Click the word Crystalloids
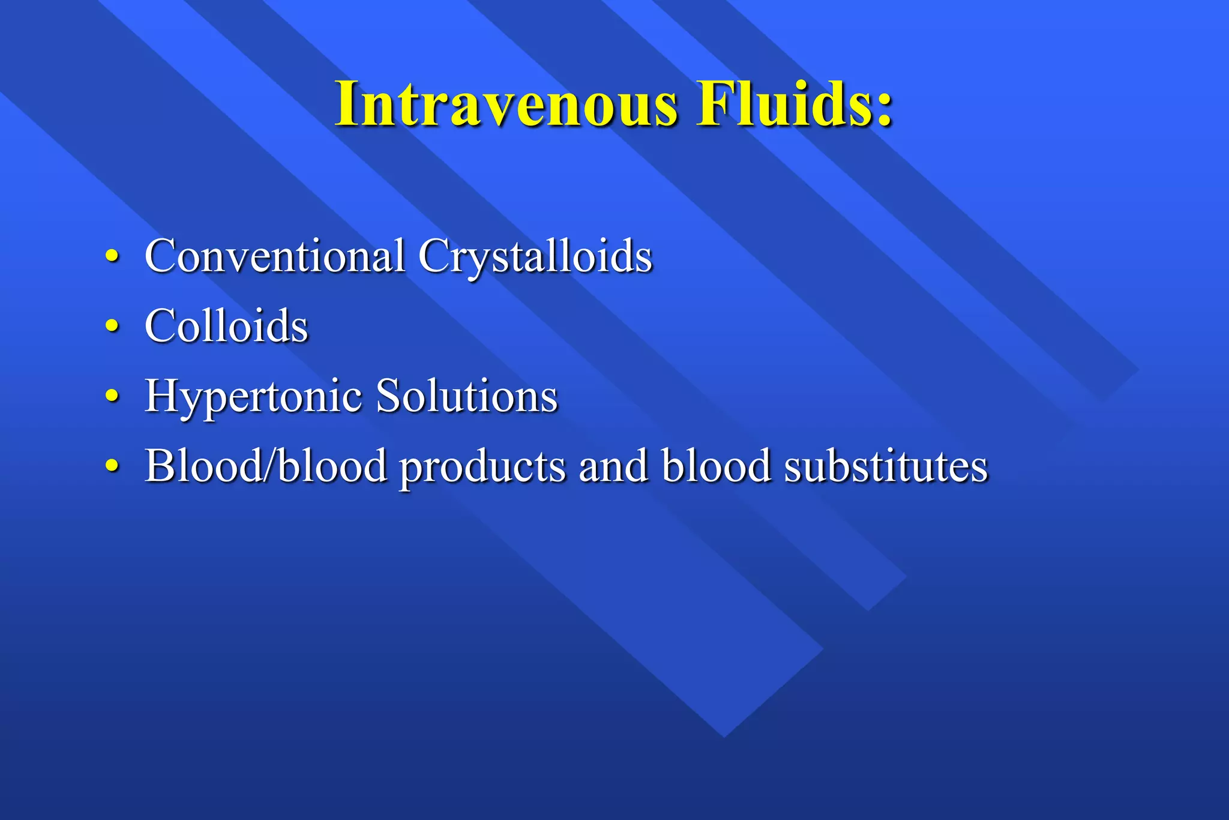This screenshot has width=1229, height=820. pos(535,257)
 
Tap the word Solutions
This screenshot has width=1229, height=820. pos(466,396)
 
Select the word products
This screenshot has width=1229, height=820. pos(482,468)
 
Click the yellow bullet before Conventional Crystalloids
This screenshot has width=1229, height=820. pos(112,256)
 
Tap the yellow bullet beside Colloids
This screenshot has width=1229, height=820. pos(112,326)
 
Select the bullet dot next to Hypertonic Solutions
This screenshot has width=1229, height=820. pos(112,396)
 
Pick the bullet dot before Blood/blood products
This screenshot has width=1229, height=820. pos(112,465)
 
